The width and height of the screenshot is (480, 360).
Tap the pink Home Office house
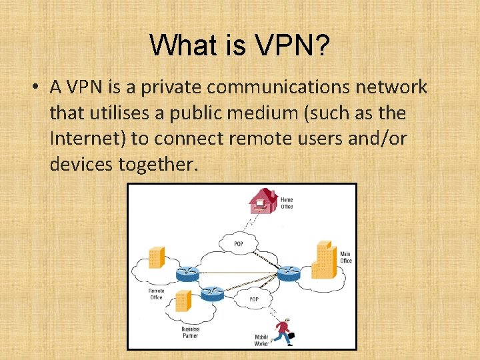click(263, 200)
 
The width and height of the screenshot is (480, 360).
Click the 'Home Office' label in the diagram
click(287, 203)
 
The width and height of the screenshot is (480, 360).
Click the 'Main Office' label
click(345, 257)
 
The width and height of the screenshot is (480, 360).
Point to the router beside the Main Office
click(289, 272)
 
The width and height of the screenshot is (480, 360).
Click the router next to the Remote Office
click(187, 272)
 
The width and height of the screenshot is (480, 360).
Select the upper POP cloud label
click(239, 244)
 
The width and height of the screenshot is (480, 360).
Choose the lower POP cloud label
click(254, 299)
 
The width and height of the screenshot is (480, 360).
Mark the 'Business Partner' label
click(190, 333)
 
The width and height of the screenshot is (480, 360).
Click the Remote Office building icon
click(156, 257)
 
